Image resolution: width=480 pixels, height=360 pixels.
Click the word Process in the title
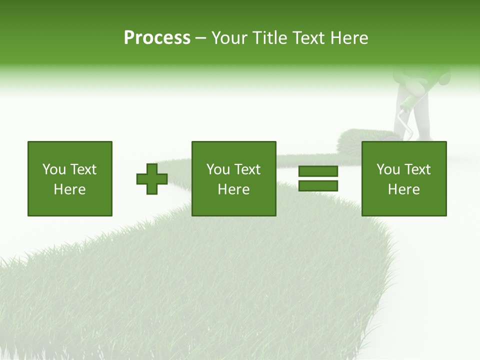tap(157, 38)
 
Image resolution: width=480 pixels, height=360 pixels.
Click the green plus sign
tap(152, 178)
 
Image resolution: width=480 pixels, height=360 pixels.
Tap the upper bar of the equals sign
tap(318, 171)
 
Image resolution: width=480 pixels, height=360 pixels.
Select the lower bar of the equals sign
tap(318, 186)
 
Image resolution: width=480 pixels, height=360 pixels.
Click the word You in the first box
tap(53, 169)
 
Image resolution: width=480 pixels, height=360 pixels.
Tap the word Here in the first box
tap(70, 189)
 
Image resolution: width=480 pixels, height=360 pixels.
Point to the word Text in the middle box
tap(248, 169)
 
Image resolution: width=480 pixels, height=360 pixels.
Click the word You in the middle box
tap(217, 169)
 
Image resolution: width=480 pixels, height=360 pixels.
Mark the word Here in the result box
tap(404, 189)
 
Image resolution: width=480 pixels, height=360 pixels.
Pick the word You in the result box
tap(387, 169)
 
